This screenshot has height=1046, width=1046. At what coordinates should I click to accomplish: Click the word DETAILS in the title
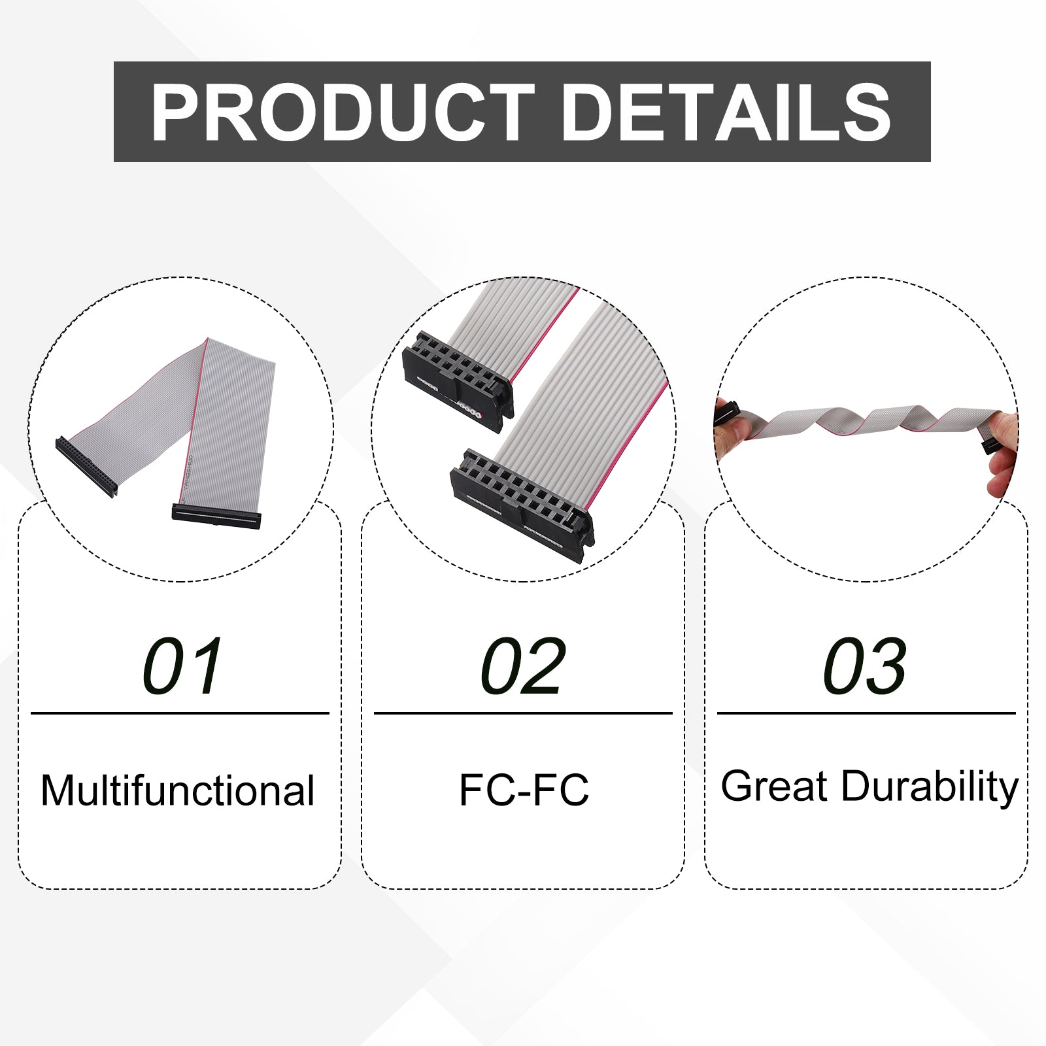click(726, 112)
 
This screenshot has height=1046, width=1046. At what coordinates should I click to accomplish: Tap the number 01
click(182, 666)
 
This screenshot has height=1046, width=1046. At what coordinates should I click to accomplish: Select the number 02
click(522, 666)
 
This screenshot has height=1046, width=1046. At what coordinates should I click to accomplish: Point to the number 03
click(864, 666)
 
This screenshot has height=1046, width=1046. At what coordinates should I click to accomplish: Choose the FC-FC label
click(524, 790)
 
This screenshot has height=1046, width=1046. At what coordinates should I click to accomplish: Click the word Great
click(775, 786)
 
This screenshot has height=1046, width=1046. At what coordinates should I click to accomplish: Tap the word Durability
click(930, 787)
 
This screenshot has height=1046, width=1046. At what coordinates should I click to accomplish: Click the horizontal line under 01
click(180, 713)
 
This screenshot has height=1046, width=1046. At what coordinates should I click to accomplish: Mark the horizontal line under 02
click(523, 713)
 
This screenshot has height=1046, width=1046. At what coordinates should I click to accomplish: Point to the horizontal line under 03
click(866, 713)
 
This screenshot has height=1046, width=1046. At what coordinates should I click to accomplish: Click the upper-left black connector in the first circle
click(86, 466)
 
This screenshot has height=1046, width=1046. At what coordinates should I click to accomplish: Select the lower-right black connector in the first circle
click(216, 516)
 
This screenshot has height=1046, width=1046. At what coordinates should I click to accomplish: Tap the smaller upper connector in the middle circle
click(458, 381)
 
